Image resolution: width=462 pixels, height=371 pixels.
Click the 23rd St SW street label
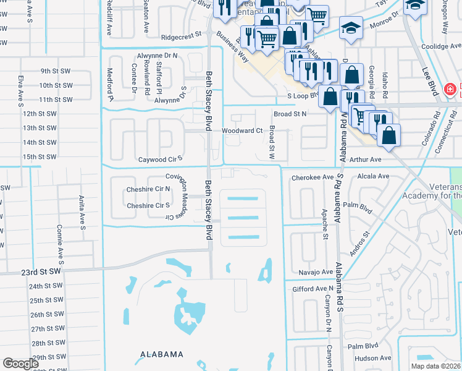(x=41, y=271)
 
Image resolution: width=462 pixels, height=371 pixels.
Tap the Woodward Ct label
(x=242, y=131)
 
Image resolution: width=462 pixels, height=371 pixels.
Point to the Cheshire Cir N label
(x=148, y=189)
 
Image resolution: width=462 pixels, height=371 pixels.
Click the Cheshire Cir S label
(x=148, y=206)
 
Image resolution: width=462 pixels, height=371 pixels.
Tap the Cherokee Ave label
(x=312, y=177)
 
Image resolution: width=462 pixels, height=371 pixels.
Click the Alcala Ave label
(x=374, y=176)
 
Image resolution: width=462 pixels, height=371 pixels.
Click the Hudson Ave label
(x=374, y=358)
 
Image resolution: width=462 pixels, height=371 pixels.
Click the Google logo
(x=20, y=364)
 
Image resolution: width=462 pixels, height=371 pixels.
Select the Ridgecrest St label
(x=182, y=37)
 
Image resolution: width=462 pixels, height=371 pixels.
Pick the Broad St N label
(x=290, y=114)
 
